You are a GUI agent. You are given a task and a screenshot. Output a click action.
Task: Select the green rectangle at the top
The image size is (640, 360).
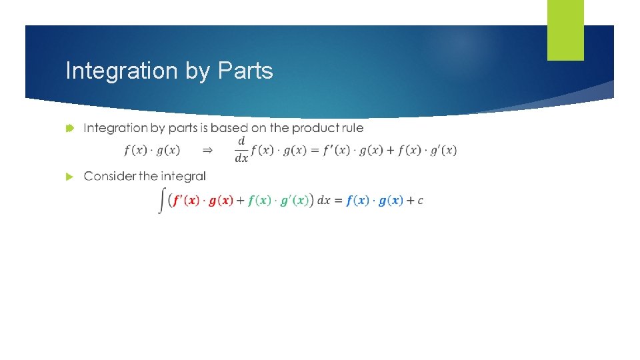point(565,29)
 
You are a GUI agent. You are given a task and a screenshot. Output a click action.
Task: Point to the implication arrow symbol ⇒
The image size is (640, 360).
point(207,151)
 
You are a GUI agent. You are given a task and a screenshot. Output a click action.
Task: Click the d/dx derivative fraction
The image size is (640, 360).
point(241,150)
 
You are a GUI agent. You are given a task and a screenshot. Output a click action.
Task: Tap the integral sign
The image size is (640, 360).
point(162,200)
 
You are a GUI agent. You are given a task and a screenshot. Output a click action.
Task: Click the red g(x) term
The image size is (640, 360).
point(221,201)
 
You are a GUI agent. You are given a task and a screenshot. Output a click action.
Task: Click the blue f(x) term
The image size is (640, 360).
point(358,201)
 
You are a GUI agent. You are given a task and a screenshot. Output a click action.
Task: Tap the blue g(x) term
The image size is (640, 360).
point(391,201)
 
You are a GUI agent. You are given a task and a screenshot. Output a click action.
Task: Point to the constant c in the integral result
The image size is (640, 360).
point(420,201)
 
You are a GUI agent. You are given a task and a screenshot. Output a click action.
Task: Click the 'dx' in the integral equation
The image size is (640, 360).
point(325,201)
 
